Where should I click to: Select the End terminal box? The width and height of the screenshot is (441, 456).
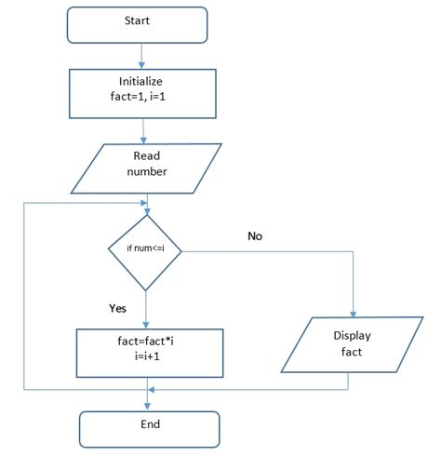149,425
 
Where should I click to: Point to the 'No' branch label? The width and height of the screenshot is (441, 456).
255,236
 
